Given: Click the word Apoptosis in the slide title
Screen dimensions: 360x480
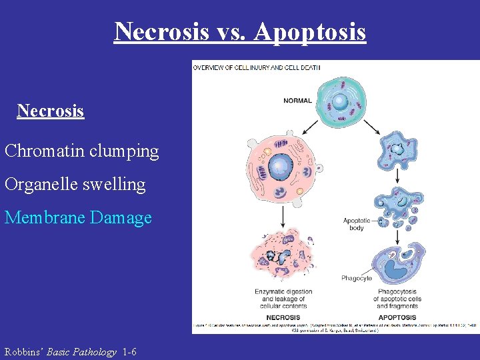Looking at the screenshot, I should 310,31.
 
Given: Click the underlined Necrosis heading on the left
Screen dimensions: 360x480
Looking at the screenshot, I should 51,111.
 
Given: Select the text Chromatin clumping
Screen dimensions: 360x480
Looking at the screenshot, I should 82,151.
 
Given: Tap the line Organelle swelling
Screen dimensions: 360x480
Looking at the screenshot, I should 75,184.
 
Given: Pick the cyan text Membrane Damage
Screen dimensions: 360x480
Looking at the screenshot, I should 78,217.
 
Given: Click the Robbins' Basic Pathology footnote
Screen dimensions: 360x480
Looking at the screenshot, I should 71,351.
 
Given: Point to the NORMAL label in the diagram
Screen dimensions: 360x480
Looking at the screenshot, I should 297,101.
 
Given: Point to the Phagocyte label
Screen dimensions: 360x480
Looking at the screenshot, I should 357,277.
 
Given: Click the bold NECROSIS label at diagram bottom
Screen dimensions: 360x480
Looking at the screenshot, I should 283,317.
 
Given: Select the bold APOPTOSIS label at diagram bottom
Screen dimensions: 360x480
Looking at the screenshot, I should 397,317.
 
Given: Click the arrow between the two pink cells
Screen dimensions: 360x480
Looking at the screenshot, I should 283,215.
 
